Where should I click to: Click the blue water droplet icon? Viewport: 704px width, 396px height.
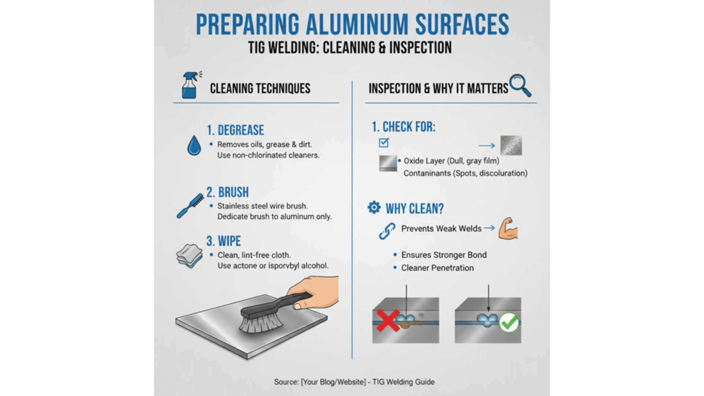(x=194, y=145)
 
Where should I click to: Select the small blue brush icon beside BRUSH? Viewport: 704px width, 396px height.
(x=190, y=206)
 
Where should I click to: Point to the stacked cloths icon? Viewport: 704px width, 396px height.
(x=190, y=256)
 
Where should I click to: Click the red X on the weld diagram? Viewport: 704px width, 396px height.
(x=388, y=320)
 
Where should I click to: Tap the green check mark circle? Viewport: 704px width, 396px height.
(x=509, y=322)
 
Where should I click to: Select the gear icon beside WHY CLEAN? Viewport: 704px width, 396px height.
(x=374, y=208)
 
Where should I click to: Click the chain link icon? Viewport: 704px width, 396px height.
(x=387, y=231)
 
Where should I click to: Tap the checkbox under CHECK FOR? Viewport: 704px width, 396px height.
(x=384, y=143)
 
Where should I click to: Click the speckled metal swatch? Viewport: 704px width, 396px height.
(x=511, y=146)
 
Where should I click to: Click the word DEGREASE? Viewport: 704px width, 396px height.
(x=241, y=130)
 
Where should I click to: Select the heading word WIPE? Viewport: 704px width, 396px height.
(x=230, y=241)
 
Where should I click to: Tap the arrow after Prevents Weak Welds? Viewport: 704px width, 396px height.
(x=489, y=228)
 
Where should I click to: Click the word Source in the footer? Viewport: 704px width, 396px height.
(x=285, y=382)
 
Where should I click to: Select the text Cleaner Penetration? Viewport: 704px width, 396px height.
(x=437, y=268)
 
